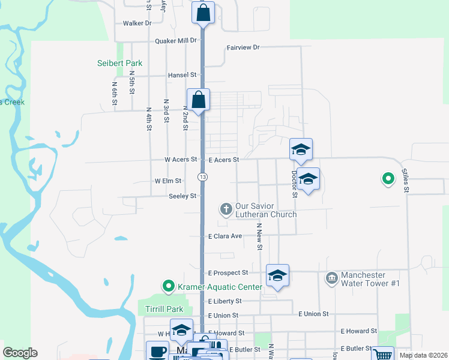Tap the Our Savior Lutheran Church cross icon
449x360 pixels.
pos(226,209)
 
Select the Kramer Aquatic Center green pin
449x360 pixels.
pos(169,287)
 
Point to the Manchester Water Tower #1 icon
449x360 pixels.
pos(331,278)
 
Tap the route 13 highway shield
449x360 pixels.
pos(203,176)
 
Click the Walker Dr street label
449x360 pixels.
pos(136,23)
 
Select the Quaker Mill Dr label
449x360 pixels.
pos(176,41)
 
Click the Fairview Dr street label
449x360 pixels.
pos(243,47)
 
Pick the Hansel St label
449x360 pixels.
pos(182,75)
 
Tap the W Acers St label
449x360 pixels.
pos(181,160)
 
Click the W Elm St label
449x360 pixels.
pos(167,181)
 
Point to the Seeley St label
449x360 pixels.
pos(182,196)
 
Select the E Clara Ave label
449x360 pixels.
pos(224,236)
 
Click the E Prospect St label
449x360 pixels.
pos(228,273)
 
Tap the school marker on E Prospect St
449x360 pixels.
pos(277,275)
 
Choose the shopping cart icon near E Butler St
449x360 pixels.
pos(382,355)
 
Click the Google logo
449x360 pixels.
pos(20,353)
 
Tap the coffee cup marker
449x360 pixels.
pos(158,351)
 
